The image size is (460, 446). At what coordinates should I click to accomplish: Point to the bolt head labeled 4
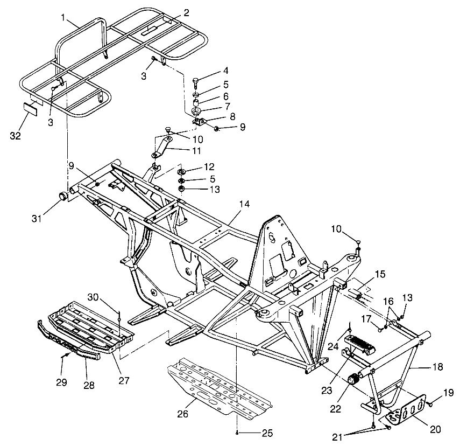point(196,80)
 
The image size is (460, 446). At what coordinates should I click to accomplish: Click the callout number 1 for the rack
point(63,18)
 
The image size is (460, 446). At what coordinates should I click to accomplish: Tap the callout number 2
point(186,12)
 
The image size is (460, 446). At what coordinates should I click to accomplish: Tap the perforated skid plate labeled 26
point(215,388)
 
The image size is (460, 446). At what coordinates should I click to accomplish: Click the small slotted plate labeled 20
point(405,416)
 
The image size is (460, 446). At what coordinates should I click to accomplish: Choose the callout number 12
point(209,167)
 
